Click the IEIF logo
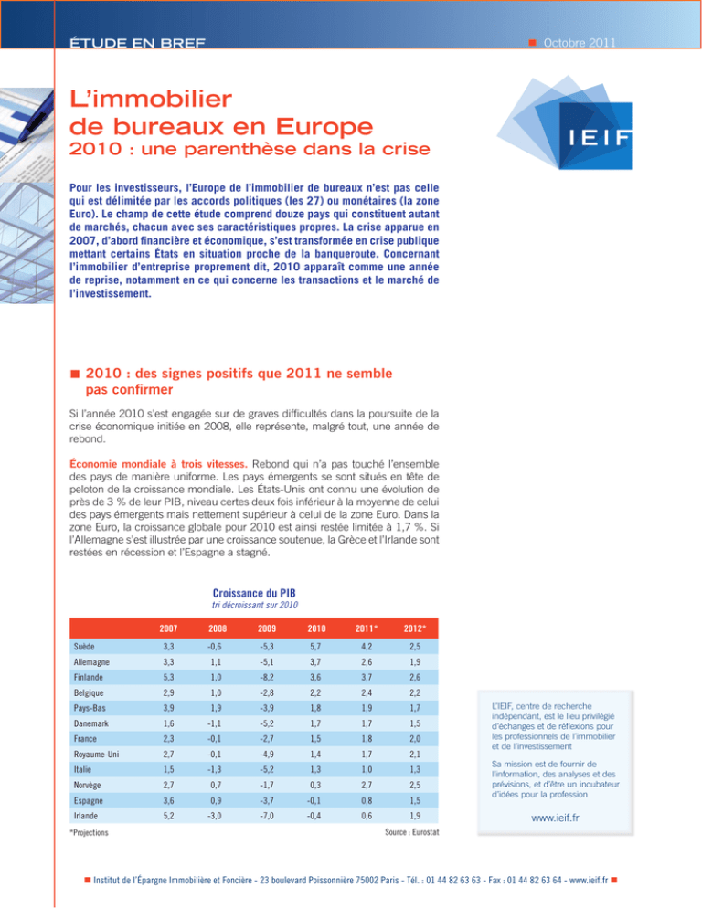pos(565,122)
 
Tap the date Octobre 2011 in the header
pos(580,43)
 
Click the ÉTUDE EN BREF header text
pos(137,43)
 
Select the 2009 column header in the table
pos(267,628)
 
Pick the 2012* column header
pos(414,628)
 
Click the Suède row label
pos(84,646)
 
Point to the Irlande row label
pos(86,816)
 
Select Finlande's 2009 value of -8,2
pos(266,677)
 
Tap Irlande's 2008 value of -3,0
pos(215,816)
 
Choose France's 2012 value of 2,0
pos(414,739)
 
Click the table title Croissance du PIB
pos(254,593)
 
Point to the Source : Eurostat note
pos(411,832)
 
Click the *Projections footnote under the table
pos(89,833)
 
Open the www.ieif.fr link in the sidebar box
pos(555,818)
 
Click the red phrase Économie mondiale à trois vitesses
pos(158,464)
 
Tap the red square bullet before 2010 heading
pos(75,375)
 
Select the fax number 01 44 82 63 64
pos(534,881)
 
